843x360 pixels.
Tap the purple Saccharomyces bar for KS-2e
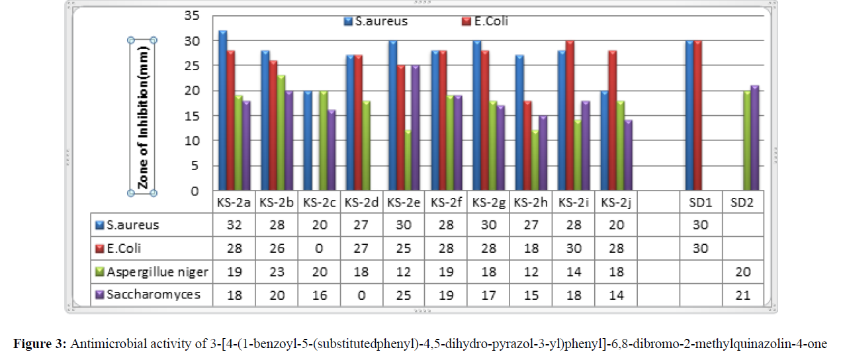coord(416,128)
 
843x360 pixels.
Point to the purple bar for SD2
coord(754,138)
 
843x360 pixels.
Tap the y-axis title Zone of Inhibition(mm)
coord(143,116)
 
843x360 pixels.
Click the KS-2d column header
coord(361,202)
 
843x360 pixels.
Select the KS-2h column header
coord(531,202)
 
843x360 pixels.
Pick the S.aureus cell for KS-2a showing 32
coord(234,225)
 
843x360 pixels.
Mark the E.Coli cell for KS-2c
coord(319,248)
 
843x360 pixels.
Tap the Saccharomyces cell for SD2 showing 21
coord(742,294)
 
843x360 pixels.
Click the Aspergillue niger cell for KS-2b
coord(277,271)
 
